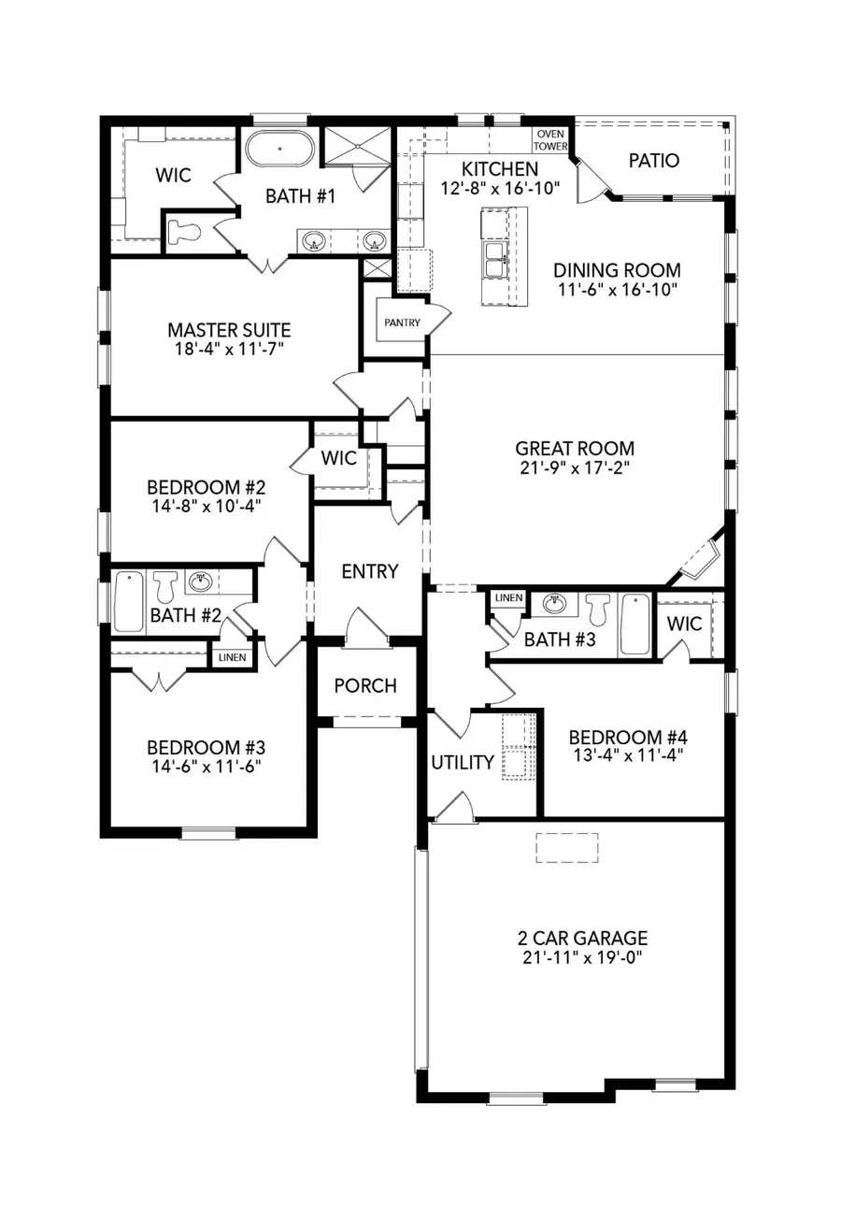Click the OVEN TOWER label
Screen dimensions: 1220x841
(x=550, y=140)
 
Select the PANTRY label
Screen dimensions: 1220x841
(x=402, y=323)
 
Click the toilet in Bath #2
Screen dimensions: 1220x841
(x=166, y=586)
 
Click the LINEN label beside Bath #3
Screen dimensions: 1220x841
(x=508, y=597)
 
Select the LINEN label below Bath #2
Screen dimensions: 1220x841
(x=232, y=657)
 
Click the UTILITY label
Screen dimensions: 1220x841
(x=463, y=762)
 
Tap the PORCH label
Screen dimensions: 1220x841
(x=365, y=685)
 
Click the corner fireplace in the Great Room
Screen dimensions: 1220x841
(x=698, y=559)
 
